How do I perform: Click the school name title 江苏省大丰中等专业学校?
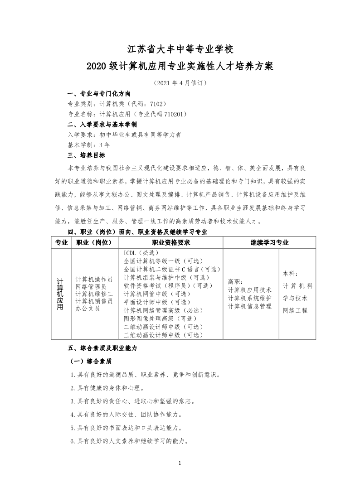pyautogui.click(x=180, y=48)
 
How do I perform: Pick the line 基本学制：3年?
pyautogui.click(x=88, y=145)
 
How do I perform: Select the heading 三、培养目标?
pyautogui.click(x=86, y=155)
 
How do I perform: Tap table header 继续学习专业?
pyautogui.click(x=269, y=243)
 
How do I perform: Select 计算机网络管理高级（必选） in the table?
pyautogui.click(x=164, y=310)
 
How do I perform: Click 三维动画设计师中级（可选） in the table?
pyautogui.click(x=164, y=335)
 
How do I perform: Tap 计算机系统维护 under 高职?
pyautogui.click(x=250, y=298)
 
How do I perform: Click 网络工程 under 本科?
pyautogui.click(x=295, y=310)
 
